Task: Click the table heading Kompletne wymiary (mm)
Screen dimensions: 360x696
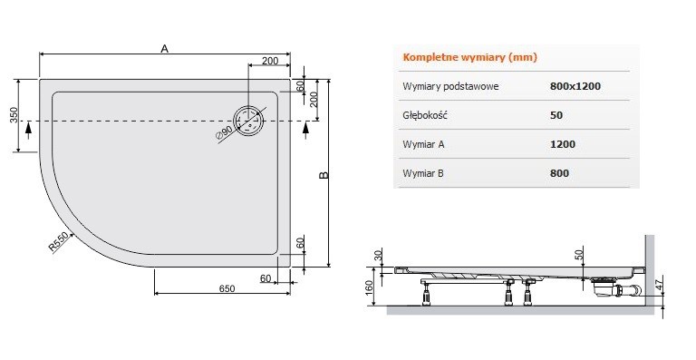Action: pos(469,57)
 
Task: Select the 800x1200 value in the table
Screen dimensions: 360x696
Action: pos(575,86)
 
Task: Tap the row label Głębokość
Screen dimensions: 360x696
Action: pos(426,115)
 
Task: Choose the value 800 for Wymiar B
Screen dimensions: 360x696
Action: pos(559,173)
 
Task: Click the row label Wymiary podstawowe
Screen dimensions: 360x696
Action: pos(450,86)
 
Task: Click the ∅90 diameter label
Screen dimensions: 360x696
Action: pos(225,133)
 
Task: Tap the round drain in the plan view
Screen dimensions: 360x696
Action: pos(248,121)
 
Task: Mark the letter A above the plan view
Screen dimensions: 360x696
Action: pos(164,48)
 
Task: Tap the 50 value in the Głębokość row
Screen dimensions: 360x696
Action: pos(556,115)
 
